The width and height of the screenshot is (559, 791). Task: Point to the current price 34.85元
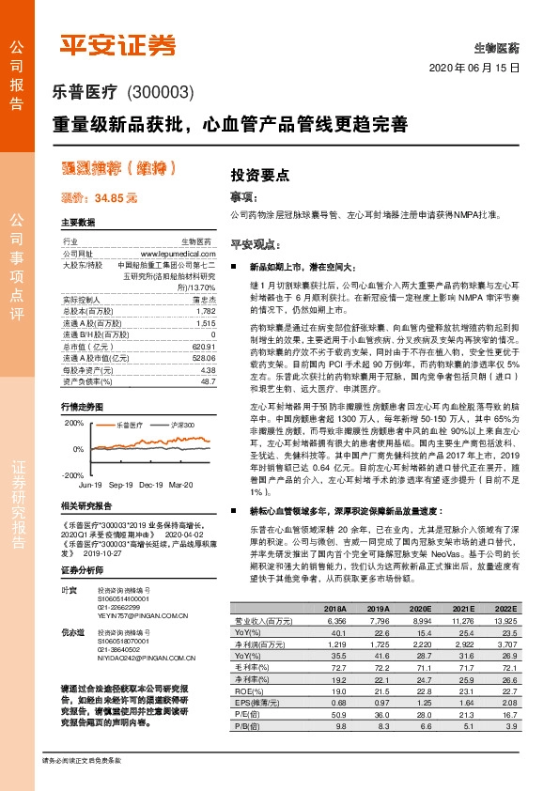99,198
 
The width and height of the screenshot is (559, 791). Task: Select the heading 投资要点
259,176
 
